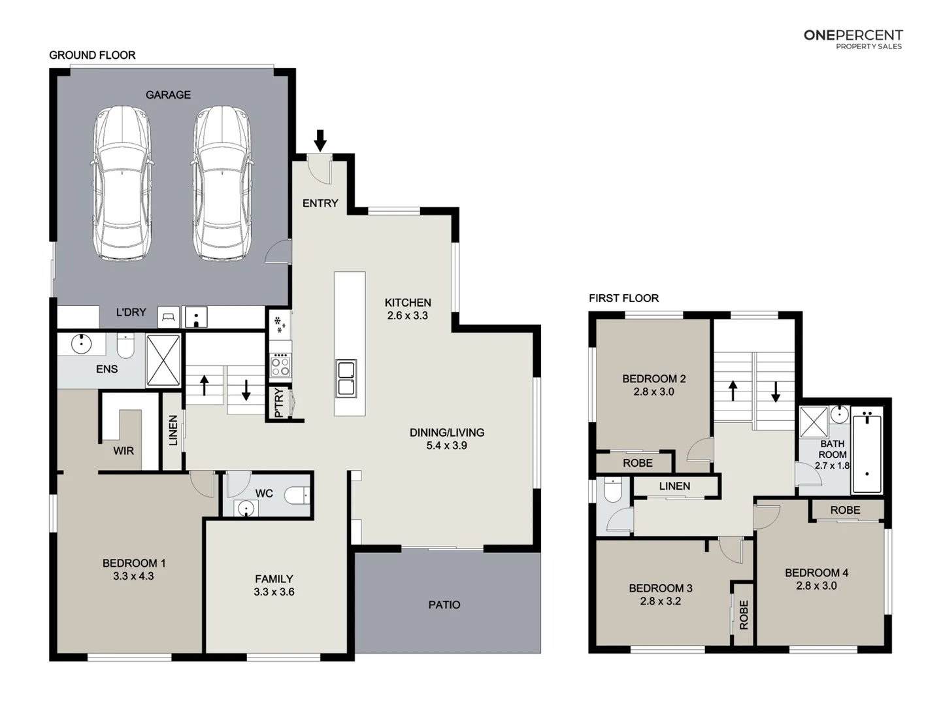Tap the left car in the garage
pyautogui.click(x=122, y=184)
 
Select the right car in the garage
pyautogui.click(x=222, y=184)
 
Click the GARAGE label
pyautogui.click(x=168, y=95)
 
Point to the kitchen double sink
pyautogui.click(x=346, y=378)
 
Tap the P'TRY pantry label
pyautogui.click(x=279, y=403)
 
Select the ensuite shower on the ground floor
pyautogui.click(x=163, y=360)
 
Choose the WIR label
pyautogui.click(x=124, y=451)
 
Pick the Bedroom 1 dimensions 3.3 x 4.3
pyautogui.click(x=133, y=577)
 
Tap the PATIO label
pyautogui.click(x=444, y=605)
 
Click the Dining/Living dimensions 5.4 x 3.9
pyautogui.click(x=447, y=446)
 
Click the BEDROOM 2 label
pyautogui.click(x=653, y=378)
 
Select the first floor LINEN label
pyautogui.click(x=674, y=486)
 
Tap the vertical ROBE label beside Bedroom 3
pyautogui.click(x=743, y=614)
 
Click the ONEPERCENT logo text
pyautogui.click(x=853, y=35)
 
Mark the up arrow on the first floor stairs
pyautogui.click(x=733, y=391)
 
